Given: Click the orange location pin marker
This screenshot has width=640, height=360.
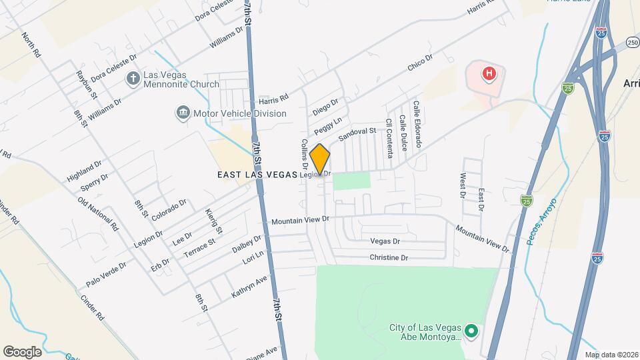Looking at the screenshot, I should point(320,159).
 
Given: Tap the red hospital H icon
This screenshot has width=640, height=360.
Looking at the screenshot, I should point(489,73).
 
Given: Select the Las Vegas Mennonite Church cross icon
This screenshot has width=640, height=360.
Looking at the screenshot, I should point(133,79).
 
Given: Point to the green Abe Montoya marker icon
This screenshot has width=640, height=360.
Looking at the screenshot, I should point(471,331).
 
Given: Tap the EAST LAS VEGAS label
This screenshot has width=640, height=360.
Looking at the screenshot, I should point(257,175).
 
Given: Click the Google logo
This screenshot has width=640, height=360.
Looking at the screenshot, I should point(22,351).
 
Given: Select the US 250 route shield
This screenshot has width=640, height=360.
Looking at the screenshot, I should point(632,43).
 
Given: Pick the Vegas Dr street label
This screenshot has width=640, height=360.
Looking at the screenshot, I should point(385,241).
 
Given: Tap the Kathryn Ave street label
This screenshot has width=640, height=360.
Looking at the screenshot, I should point(249,286).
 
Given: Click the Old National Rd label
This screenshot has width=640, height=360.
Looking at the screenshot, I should point(97,214).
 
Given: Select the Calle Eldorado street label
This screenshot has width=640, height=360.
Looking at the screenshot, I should point(417,125).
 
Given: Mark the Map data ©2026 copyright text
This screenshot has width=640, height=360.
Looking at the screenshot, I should point(611,354).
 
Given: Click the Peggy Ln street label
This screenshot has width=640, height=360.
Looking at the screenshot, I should point(328,123).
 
